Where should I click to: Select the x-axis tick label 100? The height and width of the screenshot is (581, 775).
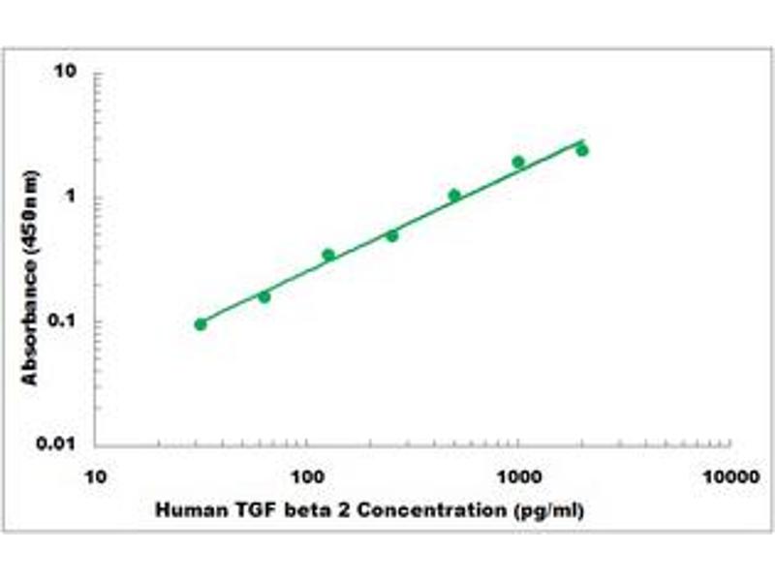click(x=307, y=476)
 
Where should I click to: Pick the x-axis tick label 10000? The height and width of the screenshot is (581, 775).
click(x=729, y=476)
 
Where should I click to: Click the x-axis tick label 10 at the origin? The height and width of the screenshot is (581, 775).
click(x=95, y=476)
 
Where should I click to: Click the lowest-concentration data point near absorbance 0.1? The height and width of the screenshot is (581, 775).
click(x=201, y=324)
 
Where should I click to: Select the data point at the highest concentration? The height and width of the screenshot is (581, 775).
click(x=582, y=150)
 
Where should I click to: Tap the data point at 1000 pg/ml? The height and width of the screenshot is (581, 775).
click(x=518, y=162)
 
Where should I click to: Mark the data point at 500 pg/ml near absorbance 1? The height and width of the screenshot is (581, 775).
click(x=454, y=196)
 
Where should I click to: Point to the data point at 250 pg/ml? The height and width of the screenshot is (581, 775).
click(x=392, y=235)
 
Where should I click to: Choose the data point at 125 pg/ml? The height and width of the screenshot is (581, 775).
click(x=328, y=255)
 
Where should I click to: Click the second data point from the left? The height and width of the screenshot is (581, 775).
click(x=264, y=296)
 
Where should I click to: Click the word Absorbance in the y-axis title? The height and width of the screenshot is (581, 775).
click(x=31, y=319)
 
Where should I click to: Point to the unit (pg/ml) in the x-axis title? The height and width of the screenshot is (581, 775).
click(x=550, y=509)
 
